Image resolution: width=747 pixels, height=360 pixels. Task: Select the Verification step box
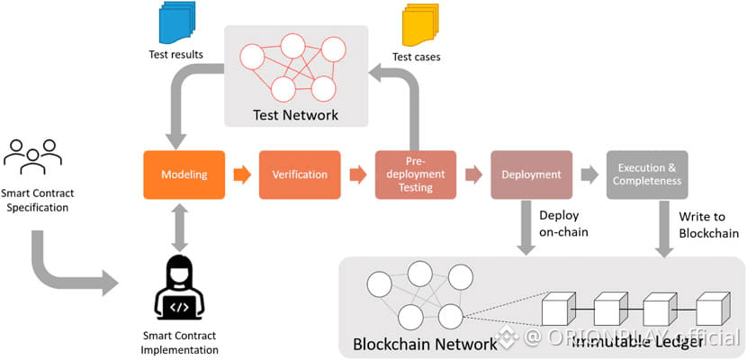(300, 175)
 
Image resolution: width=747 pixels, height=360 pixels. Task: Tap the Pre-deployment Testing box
(415, 175)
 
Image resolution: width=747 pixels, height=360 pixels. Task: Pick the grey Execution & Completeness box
(647, 175)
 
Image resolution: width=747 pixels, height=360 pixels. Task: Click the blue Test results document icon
(176, 25)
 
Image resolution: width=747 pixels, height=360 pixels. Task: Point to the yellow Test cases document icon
(420, 25)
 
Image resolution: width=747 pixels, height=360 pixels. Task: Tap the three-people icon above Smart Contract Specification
(33, 157)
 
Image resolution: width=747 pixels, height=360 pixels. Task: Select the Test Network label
(295, 114)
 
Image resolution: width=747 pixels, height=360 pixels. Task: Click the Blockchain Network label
(424, 343)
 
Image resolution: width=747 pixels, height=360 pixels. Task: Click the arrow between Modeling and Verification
(241, 175)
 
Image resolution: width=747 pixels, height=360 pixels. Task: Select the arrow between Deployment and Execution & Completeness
(589, 175)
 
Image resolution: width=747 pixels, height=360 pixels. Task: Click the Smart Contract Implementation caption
(180, 343)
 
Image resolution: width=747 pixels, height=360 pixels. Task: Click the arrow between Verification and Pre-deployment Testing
(357, 175)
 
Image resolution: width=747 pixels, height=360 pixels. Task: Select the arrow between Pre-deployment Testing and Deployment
(472, 175)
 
